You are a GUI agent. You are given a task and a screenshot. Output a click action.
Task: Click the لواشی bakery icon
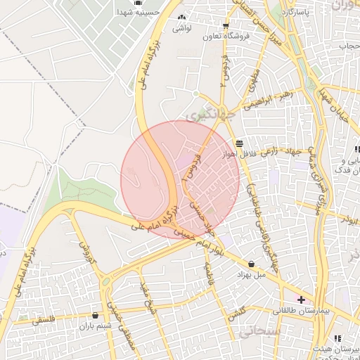tap(182, 18)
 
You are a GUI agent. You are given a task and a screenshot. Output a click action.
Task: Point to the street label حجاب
tap(350, 46)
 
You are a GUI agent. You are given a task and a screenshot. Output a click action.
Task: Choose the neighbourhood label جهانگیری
tap(198, 113)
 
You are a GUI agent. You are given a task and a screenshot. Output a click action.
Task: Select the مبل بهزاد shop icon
tap(252, 264)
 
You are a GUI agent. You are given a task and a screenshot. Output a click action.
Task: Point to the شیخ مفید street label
tap(147, 297)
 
